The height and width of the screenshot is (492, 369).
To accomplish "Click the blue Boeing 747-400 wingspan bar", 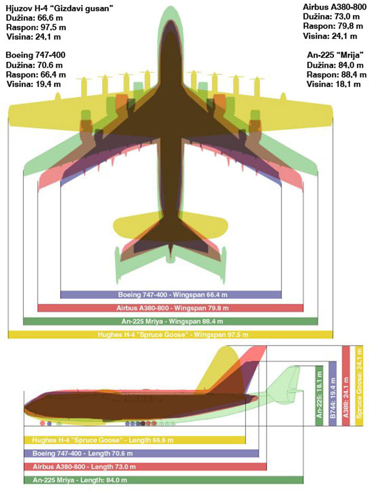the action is pos(171,295).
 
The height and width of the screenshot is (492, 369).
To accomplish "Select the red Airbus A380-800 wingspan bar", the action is pos(170,308).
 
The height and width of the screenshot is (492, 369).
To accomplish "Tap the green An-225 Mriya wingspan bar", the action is pos(170,321).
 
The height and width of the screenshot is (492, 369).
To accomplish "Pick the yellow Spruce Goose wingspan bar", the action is pos(170,334).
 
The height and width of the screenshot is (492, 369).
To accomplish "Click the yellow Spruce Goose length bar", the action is pos(135,440).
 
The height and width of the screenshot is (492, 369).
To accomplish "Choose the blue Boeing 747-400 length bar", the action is pos(141,453).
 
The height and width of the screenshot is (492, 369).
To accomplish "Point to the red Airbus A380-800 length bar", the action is pos(145,467).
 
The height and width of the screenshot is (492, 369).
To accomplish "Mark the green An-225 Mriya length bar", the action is pos(164,480).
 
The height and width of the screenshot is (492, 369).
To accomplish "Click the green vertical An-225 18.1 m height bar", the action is pos(319,396).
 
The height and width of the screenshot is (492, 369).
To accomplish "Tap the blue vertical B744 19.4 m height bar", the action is pos(332,394).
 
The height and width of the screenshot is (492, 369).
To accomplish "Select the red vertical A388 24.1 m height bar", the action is pos(346,385).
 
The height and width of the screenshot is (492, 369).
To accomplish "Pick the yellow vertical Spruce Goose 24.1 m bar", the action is pos(359,385).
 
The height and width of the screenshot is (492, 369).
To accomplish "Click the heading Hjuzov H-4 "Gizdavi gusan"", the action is pos(59,9).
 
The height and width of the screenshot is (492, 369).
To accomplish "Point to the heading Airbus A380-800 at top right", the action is pos(334,7).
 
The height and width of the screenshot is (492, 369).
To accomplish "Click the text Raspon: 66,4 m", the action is pos(36,75).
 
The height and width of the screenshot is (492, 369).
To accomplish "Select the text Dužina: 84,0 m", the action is pos(335,65).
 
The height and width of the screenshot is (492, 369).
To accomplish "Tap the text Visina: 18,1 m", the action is pos(333,84).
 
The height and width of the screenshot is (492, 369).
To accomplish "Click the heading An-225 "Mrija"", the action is pos(335,55).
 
